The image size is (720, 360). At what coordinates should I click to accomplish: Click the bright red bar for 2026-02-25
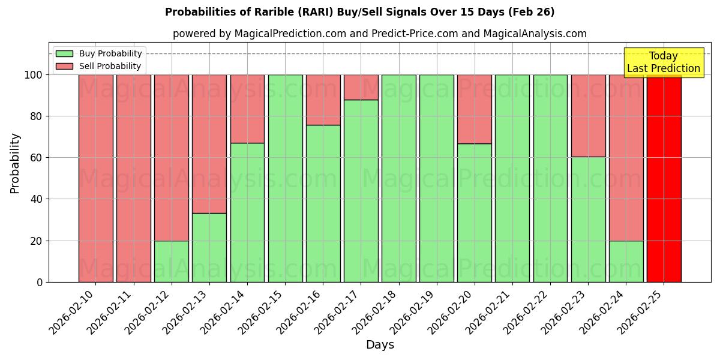click(x=664, y=178)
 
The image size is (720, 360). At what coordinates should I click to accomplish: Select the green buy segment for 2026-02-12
click(x=171, y=261)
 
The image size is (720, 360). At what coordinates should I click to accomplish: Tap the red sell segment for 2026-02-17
click(x=361, y=87)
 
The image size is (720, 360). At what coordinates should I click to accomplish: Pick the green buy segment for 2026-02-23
click(x=588, y=219)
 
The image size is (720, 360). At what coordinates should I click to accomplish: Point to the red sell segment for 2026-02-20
click(x=475, y=109)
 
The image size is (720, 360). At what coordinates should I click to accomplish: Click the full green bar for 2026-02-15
click(x=285, y=178)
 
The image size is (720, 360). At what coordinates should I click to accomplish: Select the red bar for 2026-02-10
click(x=95, y=178)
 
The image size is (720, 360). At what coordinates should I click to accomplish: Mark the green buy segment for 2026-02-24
click(x=626, y=261)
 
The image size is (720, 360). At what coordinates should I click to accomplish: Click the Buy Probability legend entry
click(x=110, y=54)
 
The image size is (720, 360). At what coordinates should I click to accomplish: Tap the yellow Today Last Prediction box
click(x=663, y=62)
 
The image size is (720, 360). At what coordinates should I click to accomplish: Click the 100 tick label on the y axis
click(x=34, y=75)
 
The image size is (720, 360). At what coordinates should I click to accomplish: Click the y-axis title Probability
click(x=15, y=163)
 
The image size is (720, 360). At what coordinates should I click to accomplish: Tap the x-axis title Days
click(x=380, y=345)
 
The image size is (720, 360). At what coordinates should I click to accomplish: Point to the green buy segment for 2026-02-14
click(x=247, y=212)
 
